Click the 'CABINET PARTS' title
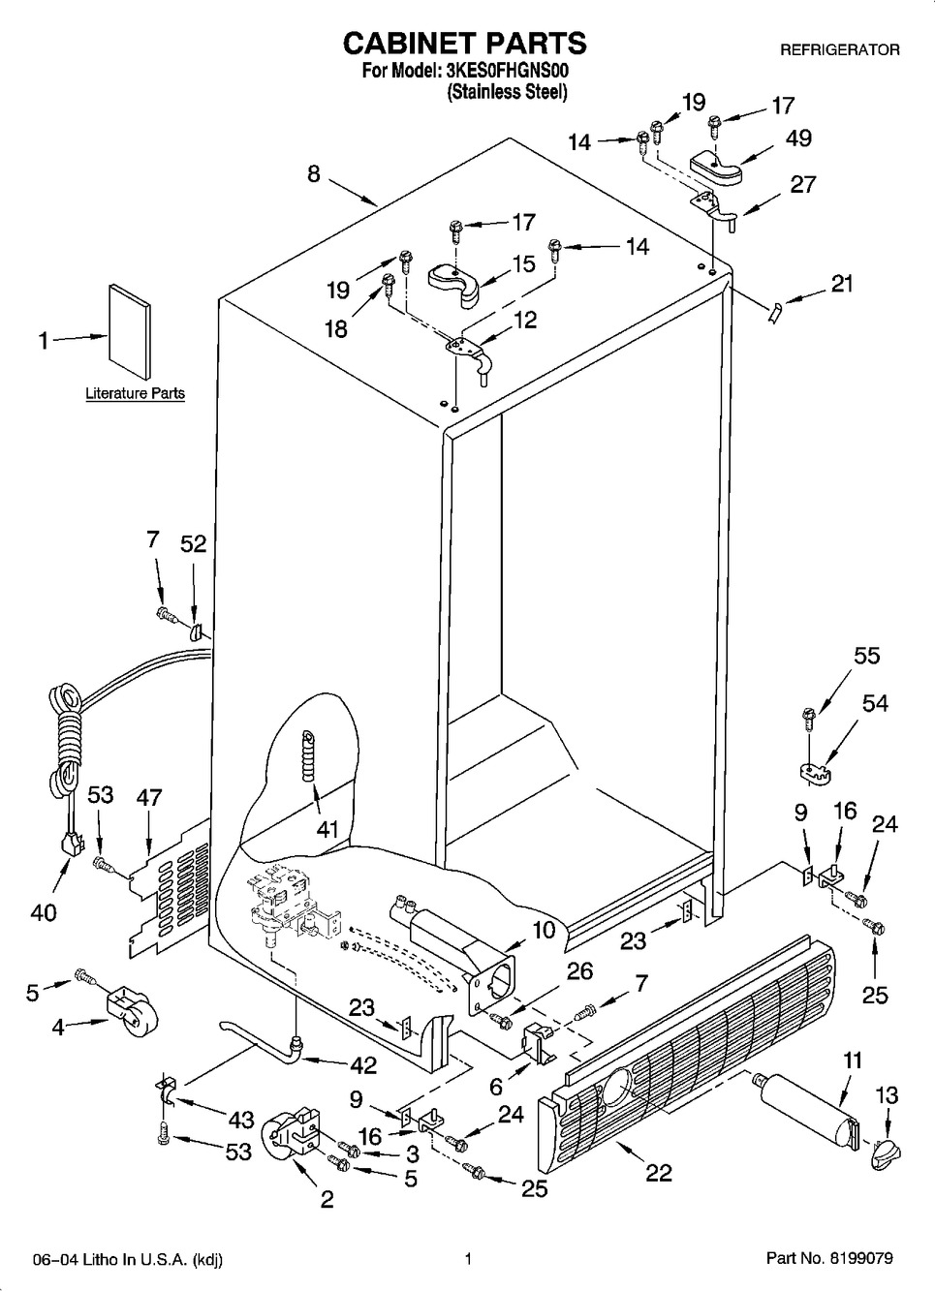pos(464,43)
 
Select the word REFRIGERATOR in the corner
pos(839,49)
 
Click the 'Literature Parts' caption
pos(135,393)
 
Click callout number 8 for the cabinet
pos(314,173)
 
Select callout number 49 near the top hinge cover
pos(798,138)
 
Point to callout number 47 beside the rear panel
pos(148,797)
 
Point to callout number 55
pos(866,656)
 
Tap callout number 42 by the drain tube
pos(364,1064)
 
